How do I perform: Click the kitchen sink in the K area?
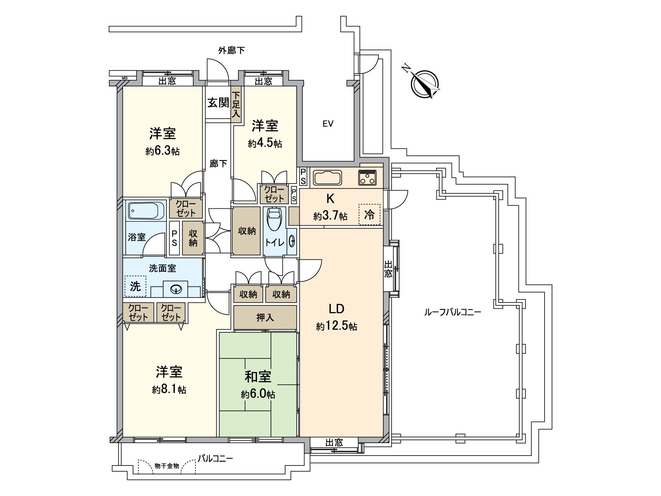(x=327, y=178)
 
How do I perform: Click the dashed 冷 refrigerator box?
(x=369, y=215)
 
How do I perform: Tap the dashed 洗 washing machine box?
(x=136, y=286)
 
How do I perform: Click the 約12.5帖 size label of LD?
(x=336, y=327)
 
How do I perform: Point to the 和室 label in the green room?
(x=258, y=377)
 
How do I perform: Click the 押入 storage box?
(x=265, y=317)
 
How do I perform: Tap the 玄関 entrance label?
(x=218, y=103)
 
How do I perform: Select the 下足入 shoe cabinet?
(x=236, y=105)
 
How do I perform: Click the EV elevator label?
(x=328, y=124)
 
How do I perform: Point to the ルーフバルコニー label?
(x=452, y=312)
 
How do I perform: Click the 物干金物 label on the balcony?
(x=166, y=466)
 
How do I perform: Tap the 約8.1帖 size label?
(x=169, y=389)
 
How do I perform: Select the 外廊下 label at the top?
(x=231, y=50)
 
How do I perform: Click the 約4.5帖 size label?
(x=265, y=143)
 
